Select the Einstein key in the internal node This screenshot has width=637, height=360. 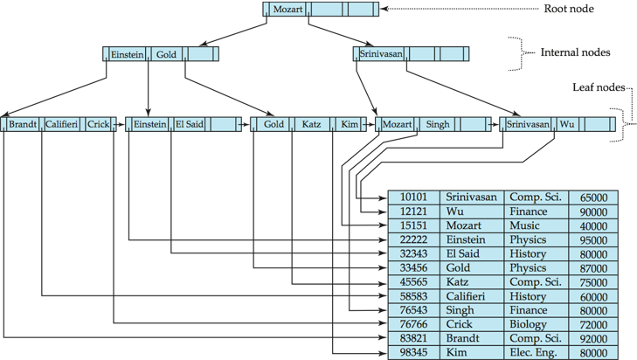tap(127, 54)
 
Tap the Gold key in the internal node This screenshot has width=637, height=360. tap(167, 54)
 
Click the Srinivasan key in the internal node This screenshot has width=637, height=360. tap(381, 54)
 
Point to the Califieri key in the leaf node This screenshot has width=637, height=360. tap(61, 124)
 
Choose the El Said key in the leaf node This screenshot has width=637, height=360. tap(190, 124)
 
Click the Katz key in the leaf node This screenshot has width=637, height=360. tap(311, 124)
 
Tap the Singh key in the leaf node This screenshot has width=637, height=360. tap(438, 124)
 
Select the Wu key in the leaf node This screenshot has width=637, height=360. tap(568, 124)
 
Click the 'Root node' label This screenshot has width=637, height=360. tap(569, 9)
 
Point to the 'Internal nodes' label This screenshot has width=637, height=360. tap(577, 53)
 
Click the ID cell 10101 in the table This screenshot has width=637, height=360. tap(412, 197)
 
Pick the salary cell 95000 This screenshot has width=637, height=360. tap(592, 239)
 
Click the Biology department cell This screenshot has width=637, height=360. tap(530, 324)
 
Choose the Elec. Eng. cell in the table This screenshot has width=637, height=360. tap(536, 352)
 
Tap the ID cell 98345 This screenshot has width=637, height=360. tap(412, 352)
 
